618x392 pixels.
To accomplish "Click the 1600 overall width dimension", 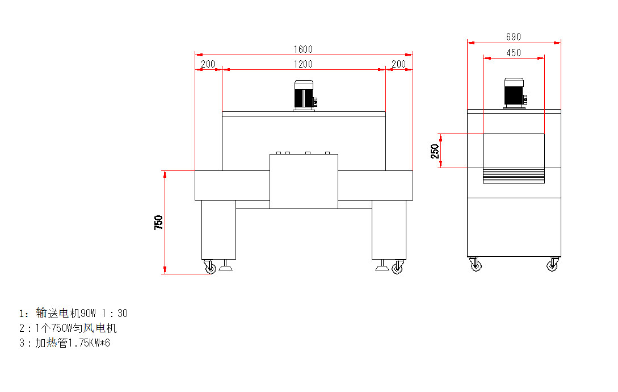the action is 303,49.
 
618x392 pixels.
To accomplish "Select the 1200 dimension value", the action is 303,64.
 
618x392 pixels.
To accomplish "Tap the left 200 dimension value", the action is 208,64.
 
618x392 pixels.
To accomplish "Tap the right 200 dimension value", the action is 398,64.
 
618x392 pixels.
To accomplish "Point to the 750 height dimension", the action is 158,223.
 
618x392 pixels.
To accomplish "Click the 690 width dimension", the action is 514,37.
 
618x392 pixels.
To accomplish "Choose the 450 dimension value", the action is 514,53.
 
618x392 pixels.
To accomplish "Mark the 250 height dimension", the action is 435,151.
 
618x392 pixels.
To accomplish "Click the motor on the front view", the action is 304,95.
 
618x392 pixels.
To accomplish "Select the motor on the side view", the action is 514,94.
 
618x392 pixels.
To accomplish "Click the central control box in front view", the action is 304,181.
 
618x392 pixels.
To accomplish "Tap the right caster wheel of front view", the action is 398,267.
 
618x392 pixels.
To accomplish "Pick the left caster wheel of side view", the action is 476,265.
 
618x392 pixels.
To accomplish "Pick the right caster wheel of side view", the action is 553,265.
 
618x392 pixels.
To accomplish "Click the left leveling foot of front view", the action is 226,265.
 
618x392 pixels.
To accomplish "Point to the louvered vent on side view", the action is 514,176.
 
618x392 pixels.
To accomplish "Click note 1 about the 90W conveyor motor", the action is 73,313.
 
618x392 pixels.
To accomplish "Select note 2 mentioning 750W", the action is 68,328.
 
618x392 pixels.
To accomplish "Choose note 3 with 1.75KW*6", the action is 65,343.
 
